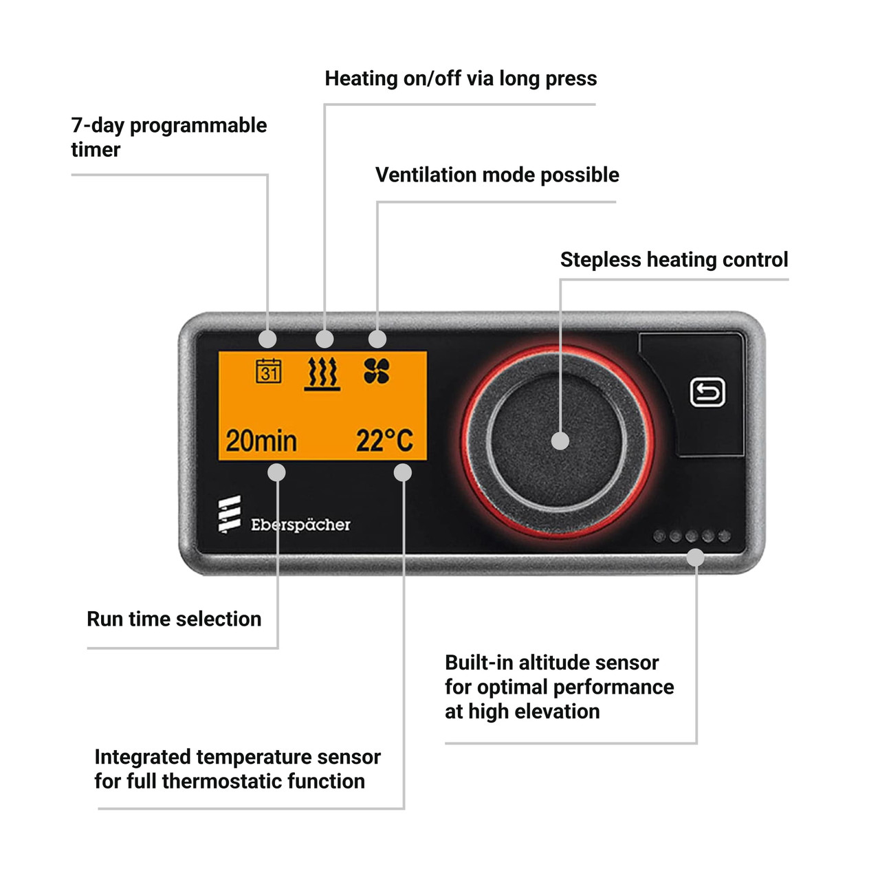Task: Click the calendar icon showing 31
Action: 268,371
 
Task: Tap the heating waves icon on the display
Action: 322,373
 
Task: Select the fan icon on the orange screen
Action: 377,371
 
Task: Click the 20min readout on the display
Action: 261,441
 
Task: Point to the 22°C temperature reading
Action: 384,441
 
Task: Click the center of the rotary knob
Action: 560,441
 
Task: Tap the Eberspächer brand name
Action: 300,525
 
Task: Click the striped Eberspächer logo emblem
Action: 230,514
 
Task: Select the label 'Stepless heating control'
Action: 674,260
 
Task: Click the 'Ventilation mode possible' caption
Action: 497,175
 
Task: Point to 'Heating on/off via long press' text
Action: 461,79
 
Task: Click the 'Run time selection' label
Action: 174,619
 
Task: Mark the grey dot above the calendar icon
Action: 267,339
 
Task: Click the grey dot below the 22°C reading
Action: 403,472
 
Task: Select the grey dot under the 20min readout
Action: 276,472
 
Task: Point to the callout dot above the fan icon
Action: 377,339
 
